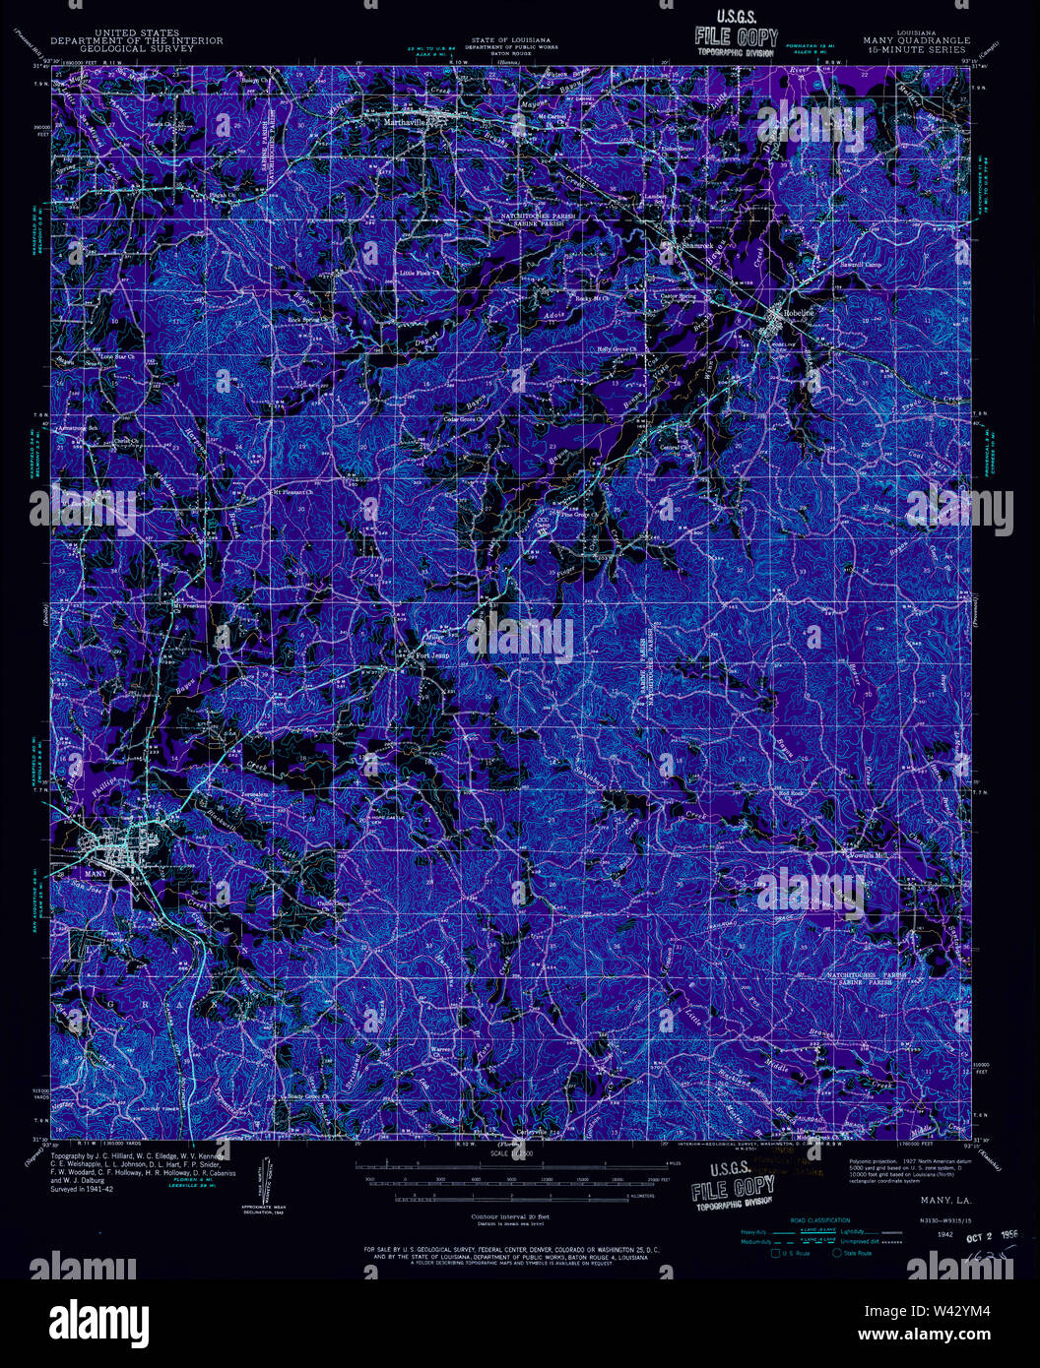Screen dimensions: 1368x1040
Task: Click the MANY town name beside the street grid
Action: point(97,872)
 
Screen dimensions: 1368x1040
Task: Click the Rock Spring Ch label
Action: point(306,319)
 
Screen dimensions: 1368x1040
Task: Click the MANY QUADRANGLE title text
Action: point(916,40)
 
